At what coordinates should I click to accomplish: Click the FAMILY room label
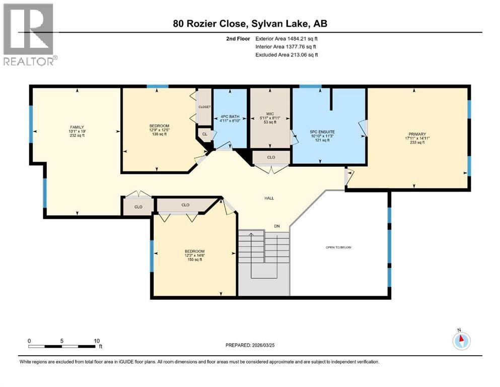coord(77,127)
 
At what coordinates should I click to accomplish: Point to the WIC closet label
coord(271,113)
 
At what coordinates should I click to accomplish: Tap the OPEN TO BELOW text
coord(338,247)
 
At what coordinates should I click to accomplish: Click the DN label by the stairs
coord(276,226)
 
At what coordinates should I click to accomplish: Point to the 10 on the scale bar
coord(97,341)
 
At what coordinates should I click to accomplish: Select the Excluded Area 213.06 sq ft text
coord(287,54)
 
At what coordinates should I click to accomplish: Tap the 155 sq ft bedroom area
coord(194,260)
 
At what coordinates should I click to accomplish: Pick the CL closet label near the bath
coord(204,135)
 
